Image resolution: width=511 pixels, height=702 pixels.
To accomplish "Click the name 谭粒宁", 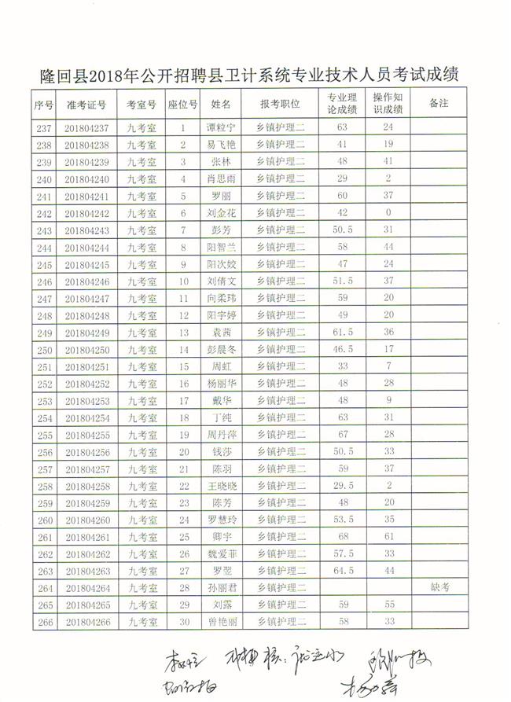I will coord(221,127).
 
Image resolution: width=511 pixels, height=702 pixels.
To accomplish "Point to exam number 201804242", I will coord(86,213).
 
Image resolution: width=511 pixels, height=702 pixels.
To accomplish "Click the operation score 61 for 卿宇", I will coord(388,537).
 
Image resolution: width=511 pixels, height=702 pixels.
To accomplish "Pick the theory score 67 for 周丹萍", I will coord(343,435).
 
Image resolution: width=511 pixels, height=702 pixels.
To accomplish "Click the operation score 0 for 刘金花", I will coord(388,213).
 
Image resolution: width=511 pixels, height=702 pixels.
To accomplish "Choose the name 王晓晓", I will coord(221,486).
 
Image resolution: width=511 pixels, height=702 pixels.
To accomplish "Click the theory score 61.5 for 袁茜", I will coord(343,333).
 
